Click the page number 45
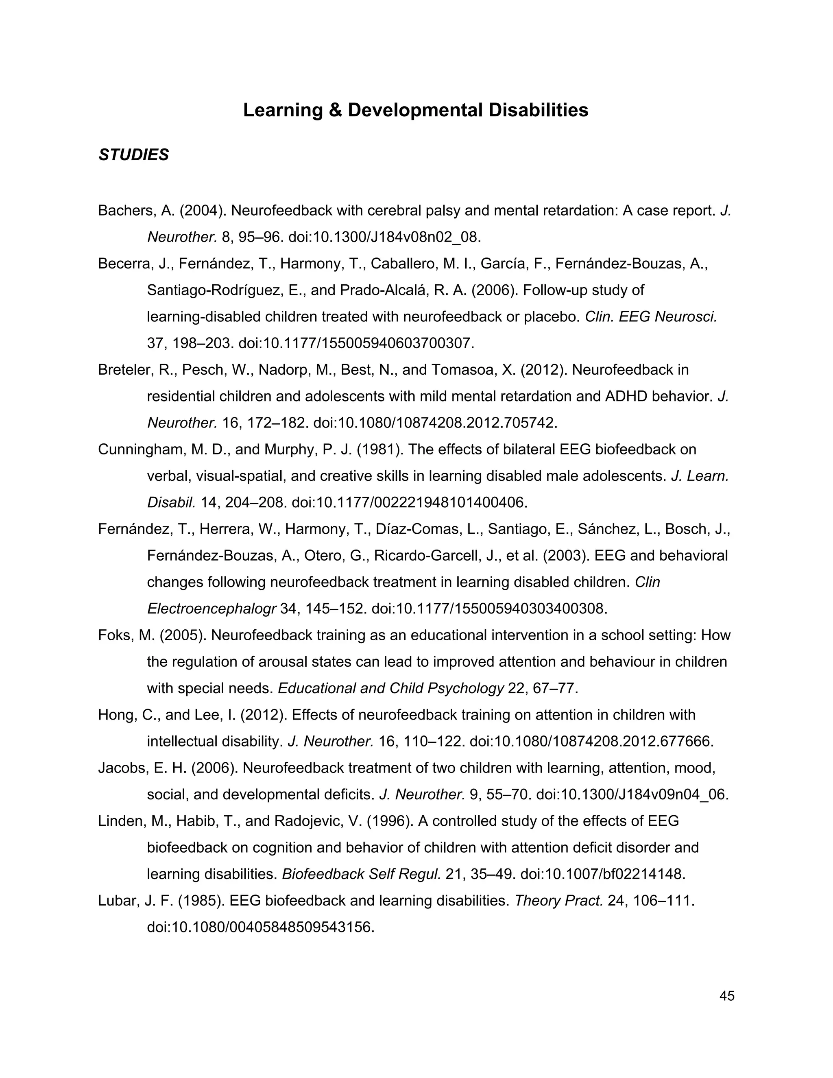tap(727, 996)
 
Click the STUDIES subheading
tap(134, 155)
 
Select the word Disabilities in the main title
tap(539, 110)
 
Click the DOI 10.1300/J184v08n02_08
tap(384, 238)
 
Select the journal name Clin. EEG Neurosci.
tap(651, 317)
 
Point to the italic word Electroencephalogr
tap(211, 609)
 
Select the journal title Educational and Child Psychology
tap(391, 689)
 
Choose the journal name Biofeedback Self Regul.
tap(361, 874)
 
